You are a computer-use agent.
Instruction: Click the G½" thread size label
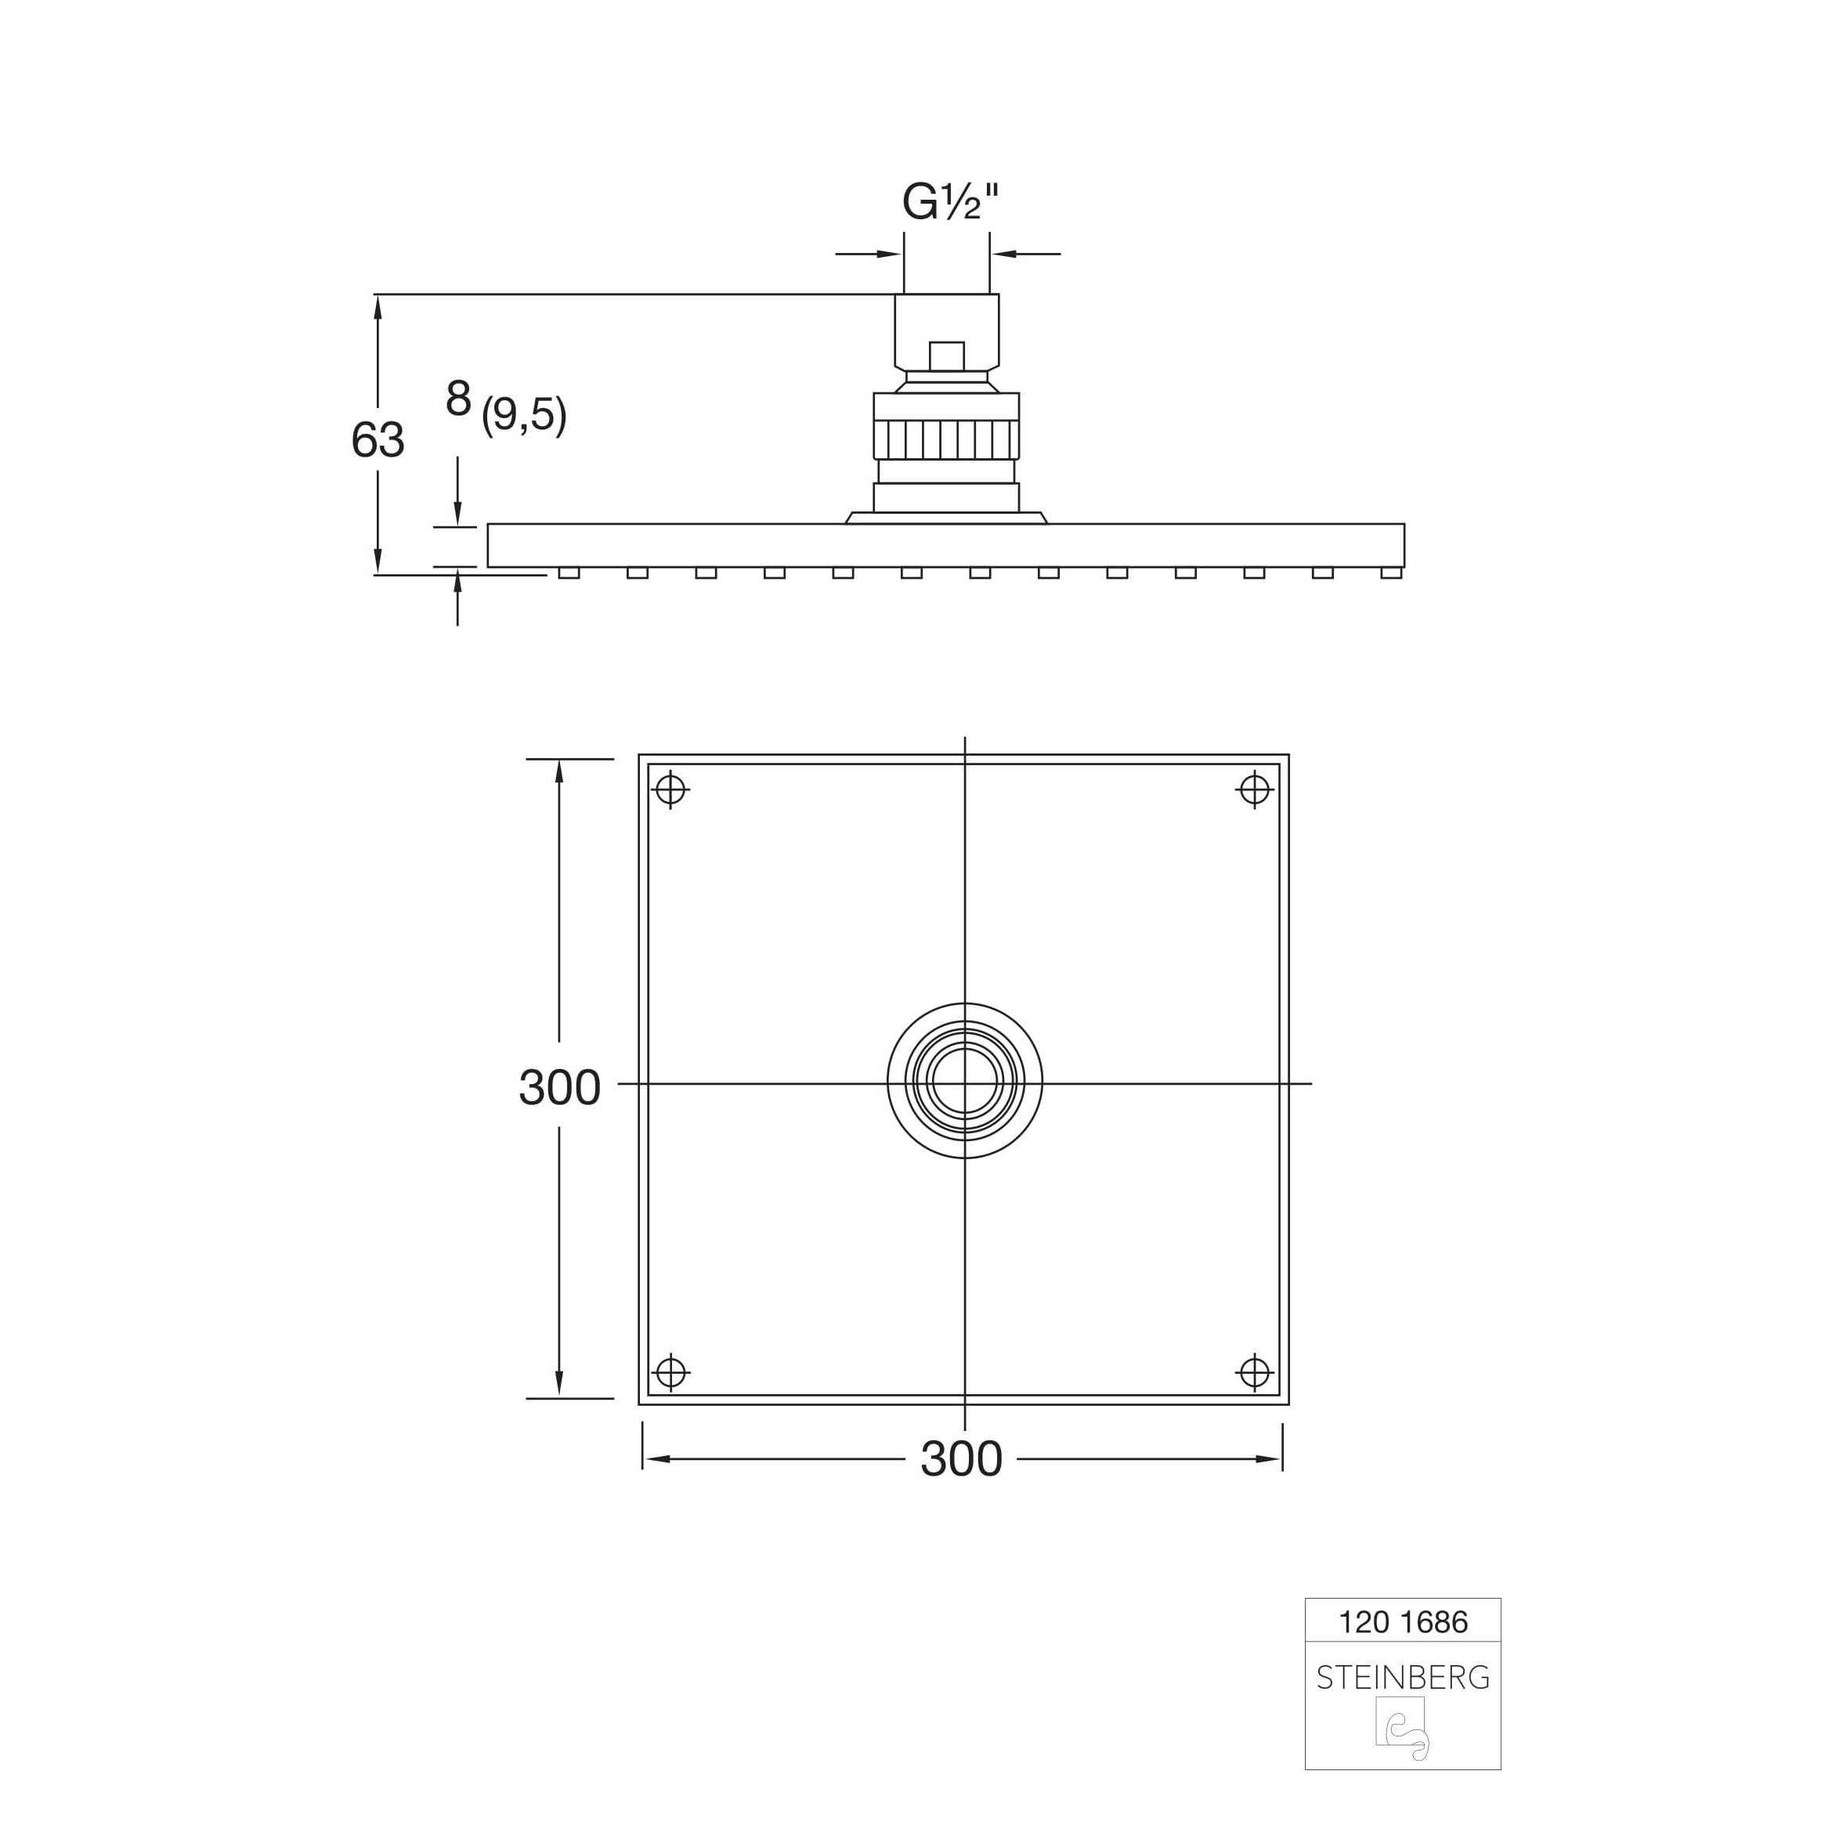(950, 202)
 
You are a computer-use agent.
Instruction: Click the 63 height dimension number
(378, 440)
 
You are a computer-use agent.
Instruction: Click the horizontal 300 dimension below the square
(962, 1459)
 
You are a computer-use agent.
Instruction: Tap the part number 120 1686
(1403, 1622)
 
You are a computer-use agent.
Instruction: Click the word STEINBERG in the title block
(1403, 1678)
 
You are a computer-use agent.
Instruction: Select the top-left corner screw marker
(670, 789)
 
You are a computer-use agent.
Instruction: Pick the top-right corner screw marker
(1255, 789)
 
